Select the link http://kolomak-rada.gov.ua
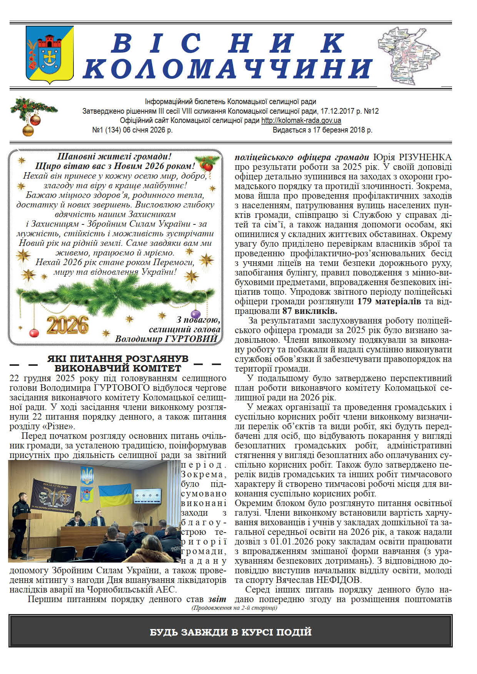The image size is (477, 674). coord(301,120)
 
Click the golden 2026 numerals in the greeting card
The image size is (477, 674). coord(67,325)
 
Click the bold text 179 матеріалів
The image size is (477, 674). coord(389,302)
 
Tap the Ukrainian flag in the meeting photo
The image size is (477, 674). coord(116,496)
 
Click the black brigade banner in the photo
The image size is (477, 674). coord(53,496)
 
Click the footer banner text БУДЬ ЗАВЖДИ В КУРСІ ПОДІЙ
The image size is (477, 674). coord(231,632)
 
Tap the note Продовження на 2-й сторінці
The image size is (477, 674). coord(234,608)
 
